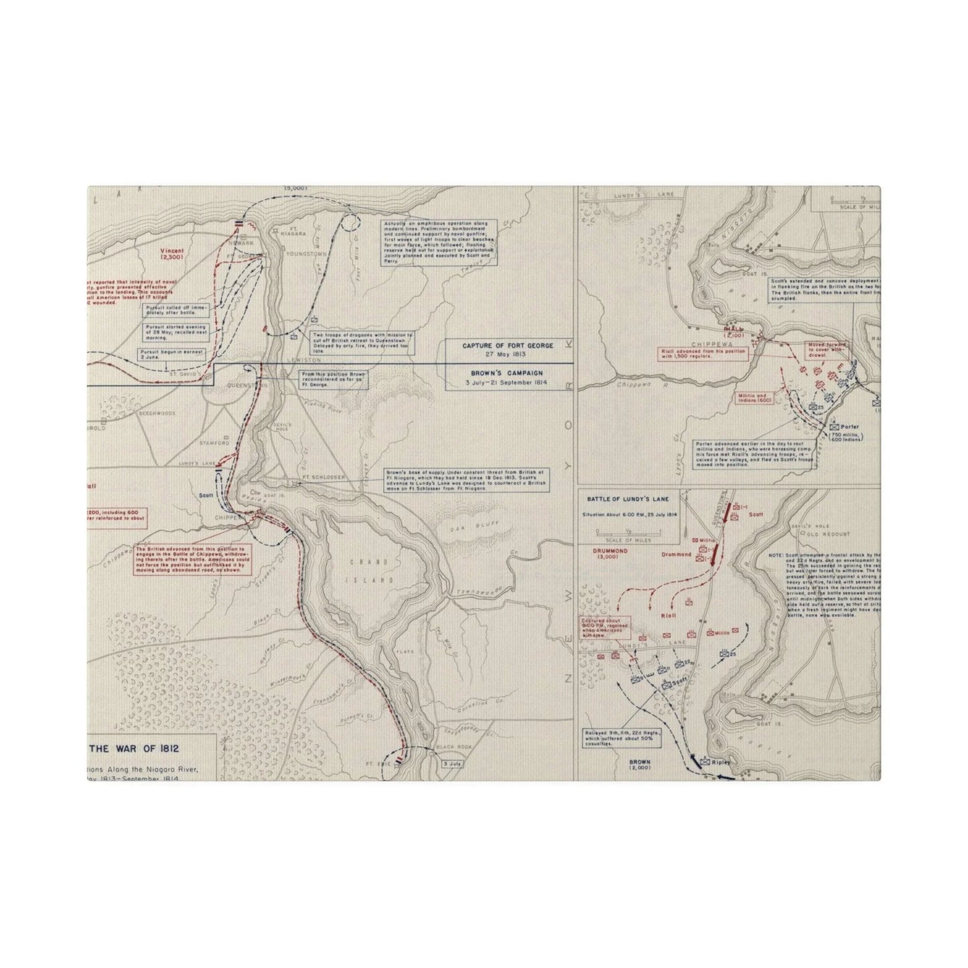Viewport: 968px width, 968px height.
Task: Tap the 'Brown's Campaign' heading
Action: pos(507,372)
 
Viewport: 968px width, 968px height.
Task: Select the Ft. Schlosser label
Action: pos(318,478)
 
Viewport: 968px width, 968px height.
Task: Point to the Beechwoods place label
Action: pos(157,413)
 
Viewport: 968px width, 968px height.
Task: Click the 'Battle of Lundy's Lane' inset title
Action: pos(628,499)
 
